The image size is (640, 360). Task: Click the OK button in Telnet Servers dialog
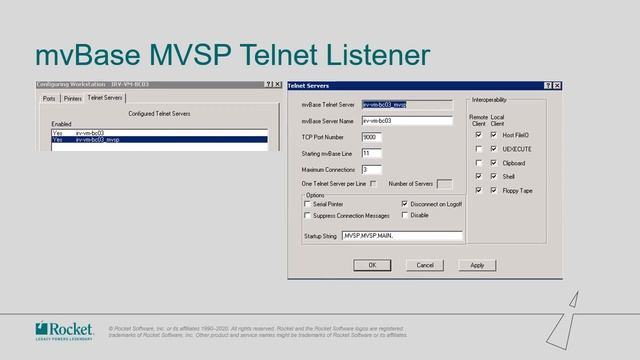tap(372, 265)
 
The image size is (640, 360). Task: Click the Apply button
tap(477, 265)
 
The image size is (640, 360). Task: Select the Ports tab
tap(49, 98)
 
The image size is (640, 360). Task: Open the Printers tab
tap(72, 98)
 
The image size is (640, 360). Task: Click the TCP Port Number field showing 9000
tap(371, 136)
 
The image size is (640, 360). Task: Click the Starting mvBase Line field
tap(371, 153)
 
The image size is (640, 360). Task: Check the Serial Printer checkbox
tap(307, 203)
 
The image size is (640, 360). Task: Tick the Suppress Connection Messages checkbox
tap(307, 215)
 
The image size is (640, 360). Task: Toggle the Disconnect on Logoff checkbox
tap(404, 203)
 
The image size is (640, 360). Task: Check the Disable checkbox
tap(404, 215)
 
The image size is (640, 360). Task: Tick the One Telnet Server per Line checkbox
tap(374, 184)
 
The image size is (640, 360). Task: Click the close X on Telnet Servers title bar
tap(557, 86)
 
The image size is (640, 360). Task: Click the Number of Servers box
tap(444, 184)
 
